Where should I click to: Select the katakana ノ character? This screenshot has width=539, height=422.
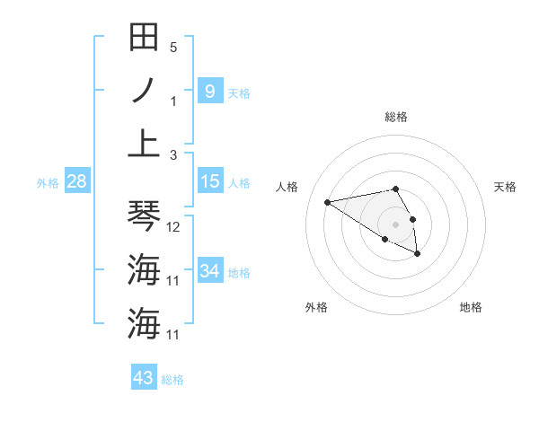[145, 91]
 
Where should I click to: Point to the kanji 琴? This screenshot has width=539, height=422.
[145, 215]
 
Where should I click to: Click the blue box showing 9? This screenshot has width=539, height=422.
[209, 91]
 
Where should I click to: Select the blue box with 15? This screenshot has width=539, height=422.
[209, 181]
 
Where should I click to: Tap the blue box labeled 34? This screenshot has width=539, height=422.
[209, 271]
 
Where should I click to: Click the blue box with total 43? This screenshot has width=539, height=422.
[144, 378]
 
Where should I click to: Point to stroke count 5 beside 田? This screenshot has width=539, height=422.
[173, 47]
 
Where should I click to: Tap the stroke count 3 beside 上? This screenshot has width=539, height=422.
[173, 154]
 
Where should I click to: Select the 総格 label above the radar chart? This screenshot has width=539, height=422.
[396, 117]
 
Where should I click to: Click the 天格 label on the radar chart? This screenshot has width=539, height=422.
[505, 187]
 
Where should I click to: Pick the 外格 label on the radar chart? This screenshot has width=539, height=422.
[316, 307]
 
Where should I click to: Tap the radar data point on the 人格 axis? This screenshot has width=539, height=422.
[328, 201]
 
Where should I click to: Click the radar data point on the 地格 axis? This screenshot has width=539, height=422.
[418, 254]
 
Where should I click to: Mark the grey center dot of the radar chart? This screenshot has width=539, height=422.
[396, 224]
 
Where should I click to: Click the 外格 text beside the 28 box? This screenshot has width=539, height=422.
[48, 183]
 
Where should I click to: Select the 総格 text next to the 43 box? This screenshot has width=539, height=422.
[172, 380]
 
